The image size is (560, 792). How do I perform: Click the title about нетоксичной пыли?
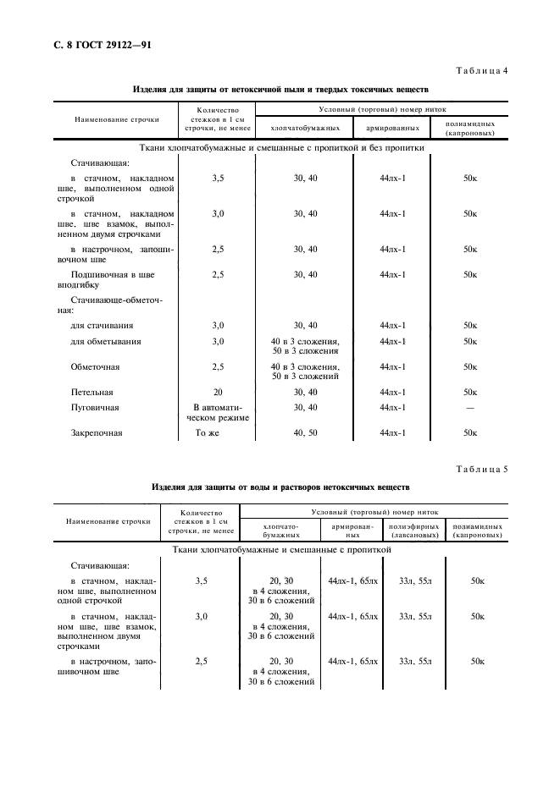(281, 89)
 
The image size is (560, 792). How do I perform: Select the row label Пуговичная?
(95, 408)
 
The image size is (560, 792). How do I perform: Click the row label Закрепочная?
(97, 433)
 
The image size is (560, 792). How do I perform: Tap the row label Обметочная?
(96, 367)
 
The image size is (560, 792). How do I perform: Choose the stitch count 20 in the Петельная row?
(217, 393)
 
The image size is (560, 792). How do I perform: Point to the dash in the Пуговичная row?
(470, 408)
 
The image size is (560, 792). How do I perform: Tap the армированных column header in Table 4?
(392, 128)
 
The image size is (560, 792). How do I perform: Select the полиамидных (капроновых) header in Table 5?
(477, 531)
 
